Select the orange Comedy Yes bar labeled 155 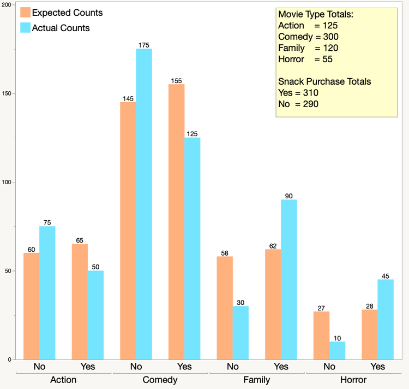pos(176,221)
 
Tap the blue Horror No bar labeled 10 pos(337,350)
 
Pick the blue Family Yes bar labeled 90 pos(288,279)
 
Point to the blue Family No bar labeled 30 pos(240,332)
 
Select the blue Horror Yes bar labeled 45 pos(385,319)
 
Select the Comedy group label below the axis pos(160,380)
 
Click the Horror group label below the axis pos(353,380)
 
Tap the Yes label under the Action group pos(88,366)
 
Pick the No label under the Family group pos(233,366)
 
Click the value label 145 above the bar pos(128,98)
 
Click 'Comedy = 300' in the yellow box pos(308,37)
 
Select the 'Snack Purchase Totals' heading pos(324,81)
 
